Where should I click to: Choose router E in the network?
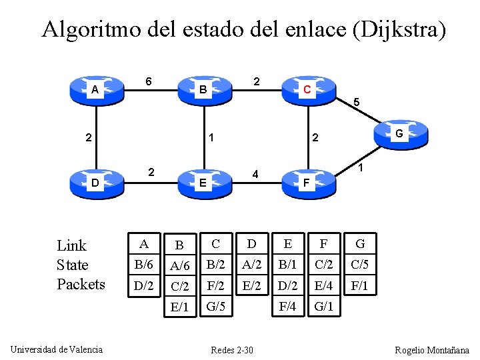[x=203, y=183]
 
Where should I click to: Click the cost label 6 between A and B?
[x=149, y=81]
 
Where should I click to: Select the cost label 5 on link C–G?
[x=357, y=103]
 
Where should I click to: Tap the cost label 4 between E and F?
[x=255, y=175]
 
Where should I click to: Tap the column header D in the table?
[x=251, y=244]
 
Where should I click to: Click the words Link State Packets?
[x=81, y=265]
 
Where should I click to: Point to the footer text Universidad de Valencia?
[x=57, y=349]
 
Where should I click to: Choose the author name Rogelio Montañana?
[x=431, y=350]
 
